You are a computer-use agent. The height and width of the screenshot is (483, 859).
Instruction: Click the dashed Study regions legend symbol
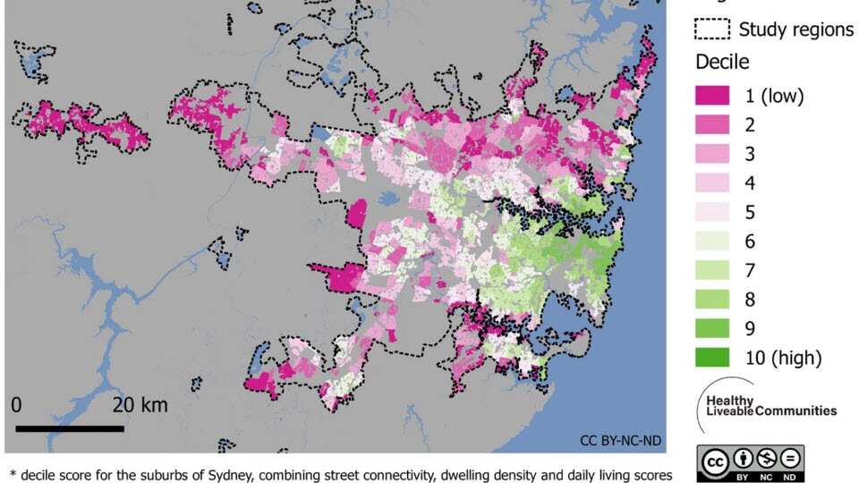712,30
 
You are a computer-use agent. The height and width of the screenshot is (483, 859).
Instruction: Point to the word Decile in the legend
722,63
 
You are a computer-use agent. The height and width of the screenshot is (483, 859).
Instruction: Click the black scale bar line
70,428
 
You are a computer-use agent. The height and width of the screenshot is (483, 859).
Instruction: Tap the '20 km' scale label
140,405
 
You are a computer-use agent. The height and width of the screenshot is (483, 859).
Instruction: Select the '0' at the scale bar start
16,405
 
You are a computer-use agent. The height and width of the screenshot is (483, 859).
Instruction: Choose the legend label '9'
750,328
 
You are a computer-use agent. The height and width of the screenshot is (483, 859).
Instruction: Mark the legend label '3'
750,154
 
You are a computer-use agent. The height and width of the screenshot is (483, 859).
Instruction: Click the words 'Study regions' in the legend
795,30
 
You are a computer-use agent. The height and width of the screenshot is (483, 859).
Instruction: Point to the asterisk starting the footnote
13,472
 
